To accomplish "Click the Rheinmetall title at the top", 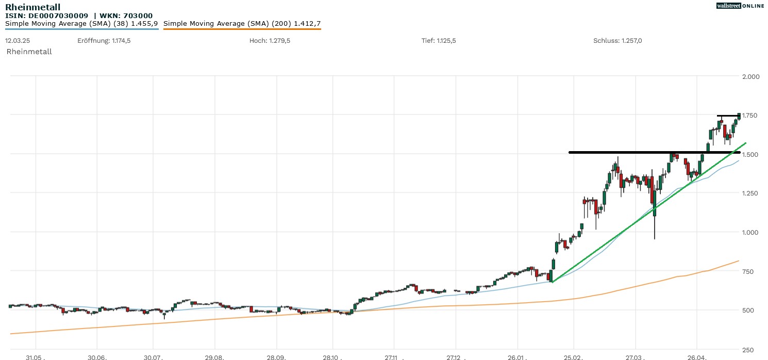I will pyautogui.click(x=32, y=7).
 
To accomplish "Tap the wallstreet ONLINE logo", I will pyautogui.click(x=740, y=6).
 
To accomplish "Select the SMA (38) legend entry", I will pyautogui.click(x=81, y=24).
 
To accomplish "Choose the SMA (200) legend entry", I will pyautogui.click(x=242, y=24).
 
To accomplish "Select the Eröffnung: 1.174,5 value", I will pyautogui.click(x=104, y=41).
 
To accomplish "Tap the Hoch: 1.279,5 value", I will pyautogui.click(x=270, y=41).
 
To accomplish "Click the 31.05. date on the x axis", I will pyautogui.click(x=36, y=357).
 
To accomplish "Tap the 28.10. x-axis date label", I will pyautogui.click(x=332, y=357).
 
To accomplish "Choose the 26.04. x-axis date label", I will pyautogui.click(x=696, y=357).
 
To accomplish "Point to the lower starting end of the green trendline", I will pyautogui.click(x=552, y=282).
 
